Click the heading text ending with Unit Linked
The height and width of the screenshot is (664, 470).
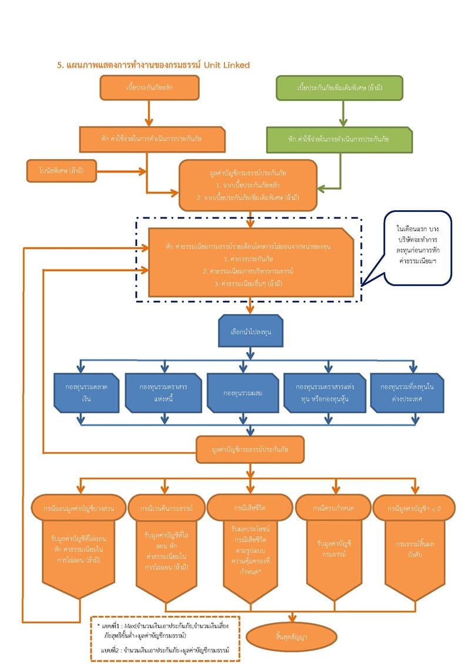point(153,65)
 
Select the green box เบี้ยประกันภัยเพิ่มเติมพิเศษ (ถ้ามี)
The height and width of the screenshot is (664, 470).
point(340,87)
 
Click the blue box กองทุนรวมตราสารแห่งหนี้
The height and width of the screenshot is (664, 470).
point(164,393)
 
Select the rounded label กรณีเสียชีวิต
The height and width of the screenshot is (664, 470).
point(250,506)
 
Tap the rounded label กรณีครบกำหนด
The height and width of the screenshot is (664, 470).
point(335,507)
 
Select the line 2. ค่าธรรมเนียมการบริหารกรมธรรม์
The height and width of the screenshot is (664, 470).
point(250,271)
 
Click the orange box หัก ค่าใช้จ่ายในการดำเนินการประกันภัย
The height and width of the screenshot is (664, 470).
point(152,139)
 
